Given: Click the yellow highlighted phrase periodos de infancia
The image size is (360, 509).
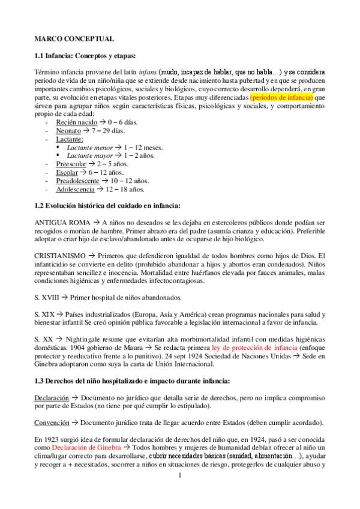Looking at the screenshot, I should click(282, 97).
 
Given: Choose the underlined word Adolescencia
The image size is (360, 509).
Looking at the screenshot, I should click(75, 188).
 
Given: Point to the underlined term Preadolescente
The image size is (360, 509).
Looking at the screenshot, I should click(77, 180).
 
